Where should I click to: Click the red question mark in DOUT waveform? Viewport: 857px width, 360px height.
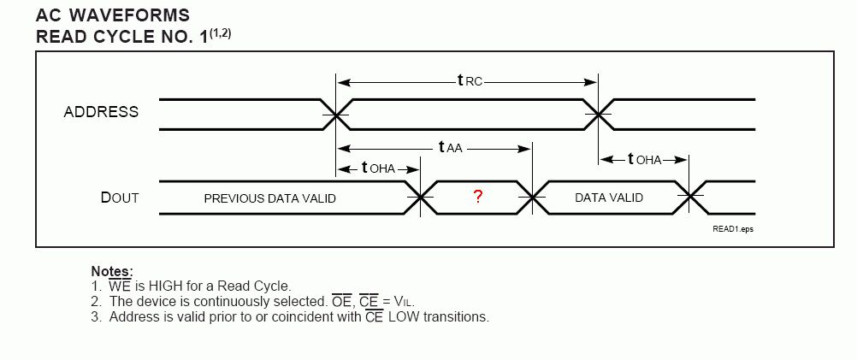pyautogui.click(x=478, y=197)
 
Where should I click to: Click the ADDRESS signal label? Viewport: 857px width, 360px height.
pyautogui.click(x=101, y=112)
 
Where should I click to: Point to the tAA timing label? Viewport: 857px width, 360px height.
pyautogui.click(x=450, y=147)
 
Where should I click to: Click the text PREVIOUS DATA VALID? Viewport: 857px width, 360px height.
pyautogui.click(x=269, y=198)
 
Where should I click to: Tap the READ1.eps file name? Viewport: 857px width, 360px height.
pyautogui.click(x=734, y=229)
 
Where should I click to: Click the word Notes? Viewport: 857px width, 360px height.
pyautogui.click(x=111, y=272)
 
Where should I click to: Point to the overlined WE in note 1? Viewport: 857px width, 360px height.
pyautogui.click(x=120, y=286)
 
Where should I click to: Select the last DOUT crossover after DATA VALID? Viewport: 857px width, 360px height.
pyautogui.click(x=691, y=197)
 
